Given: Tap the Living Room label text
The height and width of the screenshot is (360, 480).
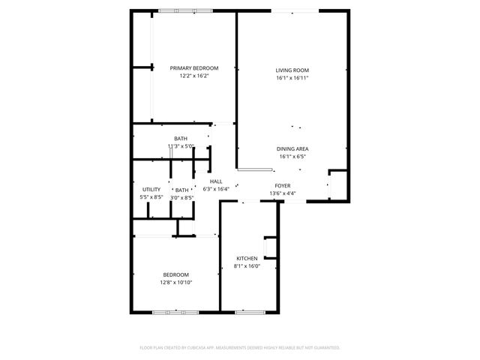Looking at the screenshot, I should coord(292,70).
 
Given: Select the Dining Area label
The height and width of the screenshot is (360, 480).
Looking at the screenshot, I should coord(292,148).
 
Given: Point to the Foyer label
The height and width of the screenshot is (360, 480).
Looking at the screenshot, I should coord(283,185).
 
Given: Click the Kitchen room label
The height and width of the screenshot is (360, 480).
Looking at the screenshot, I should coord(247,259).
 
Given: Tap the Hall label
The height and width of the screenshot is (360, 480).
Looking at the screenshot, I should coord(216,181).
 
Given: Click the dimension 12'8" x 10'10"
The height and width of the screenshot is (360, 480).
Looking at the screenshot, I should coord(176,283).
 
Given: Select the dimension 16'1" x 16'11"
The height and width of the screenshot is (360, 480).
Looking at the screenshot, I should coord(292,77).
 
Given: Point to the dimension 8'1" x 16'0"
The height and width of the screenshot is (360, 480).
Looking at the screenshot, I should coord(247,266).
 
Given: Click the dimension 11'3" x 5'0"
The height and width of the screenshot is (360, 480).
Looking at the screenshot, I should coord(181,146).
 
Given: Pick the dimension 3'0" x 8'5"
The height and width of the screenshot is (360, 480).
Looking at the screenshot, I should coord(181,197).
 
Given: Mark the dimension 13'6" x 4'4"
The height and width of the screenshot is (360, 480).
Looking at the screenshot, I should coord(283,193).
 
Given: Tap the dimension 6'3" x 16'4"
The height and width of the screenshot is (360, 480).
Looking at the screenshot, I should coord(216,189).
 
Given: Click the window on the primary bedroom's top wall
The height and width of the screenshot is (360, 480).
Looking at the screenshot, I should coord(179,10).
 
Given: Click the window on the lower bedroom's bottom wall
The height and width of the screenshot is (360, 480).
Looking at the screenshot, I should coord(175,311).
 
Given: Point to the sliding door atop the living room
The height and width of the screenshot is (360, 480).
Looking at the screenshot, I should coord(292,10).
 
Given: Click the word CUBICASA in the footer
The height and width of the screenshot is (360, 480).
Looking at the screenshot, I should coord(196,348).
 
